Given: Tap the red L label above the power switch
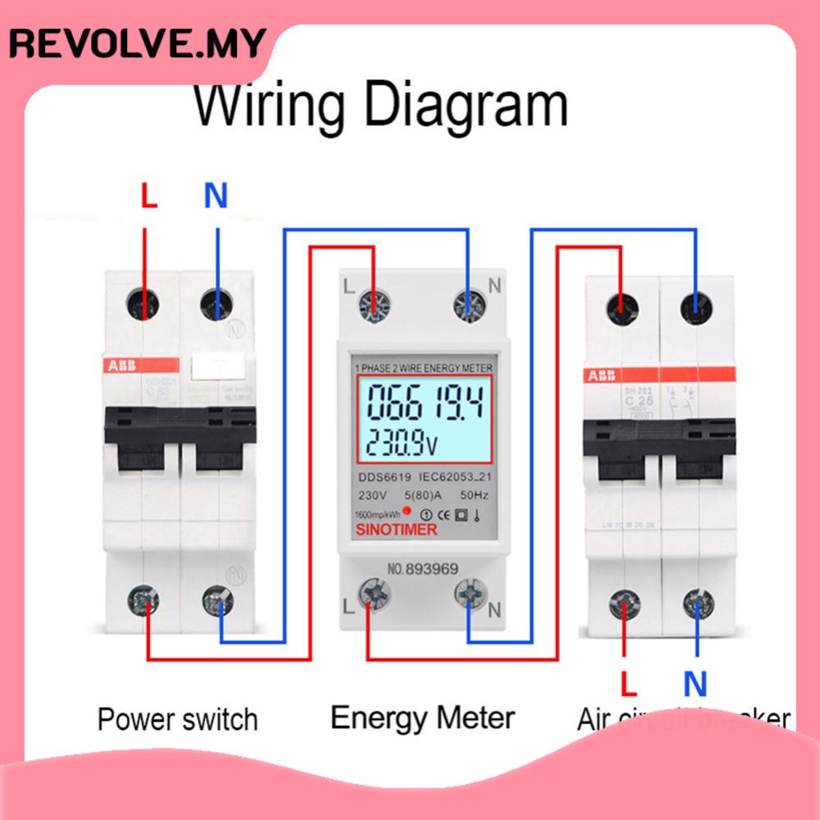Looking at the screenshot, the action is click(147, 197).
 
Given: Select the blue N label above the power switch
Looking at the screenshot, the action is click(215, 197).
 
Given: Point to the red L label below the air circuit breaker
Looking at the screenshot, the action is click(627, 682).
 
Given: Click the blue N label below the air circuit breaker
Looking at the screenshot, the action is click(695, 682).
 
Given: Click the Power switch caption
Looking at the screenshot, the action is click(177, 719).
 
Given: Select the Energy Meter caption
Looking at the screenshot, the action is click(422, 717).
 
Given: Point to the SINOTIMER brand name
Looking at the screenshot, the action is click(396, 530).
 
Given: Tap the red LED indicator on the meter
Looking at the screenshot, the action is click(407, 511).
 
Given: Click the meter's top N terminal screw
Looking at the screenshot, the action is click(469, 306).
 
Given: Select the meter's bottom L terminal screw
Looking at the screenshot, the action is click(373, 591).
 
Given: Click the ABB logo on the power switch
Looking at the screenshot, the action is click(121, 366).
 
